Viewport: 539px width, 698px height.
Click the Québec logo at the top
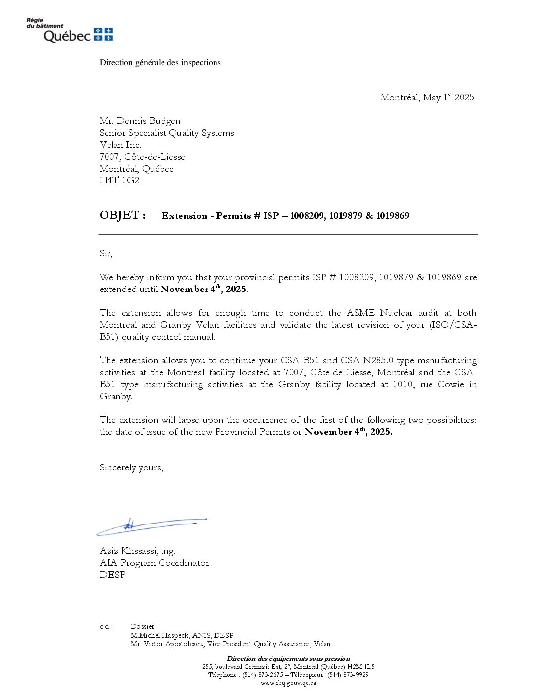(x=69, y=31)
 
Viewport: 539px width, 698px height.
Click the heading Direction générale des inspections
(x=160, y=63)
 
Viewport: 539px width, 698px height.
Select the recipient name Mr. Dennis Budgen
(x=140, y=121)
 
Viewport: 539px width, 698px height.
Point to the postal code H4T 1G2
(x=119, y=180)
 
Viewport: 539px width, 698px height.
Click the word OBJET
(x=119, y=215)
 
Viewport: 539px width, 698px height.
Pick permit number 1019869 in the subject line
(x=392, y=216)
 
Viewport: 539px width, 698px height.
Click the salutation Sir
(x=106, y=253)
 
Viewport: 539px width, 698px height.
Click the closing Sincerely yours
(x=131, y=467)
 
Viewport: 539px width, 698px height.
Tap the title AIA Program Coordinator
(x=154, y=563)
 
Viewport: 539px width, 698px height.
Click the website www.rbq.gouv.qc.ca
(x=288, y=683)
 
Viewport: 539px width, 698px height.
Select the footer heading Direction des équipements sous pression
(x=288, y=659)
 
